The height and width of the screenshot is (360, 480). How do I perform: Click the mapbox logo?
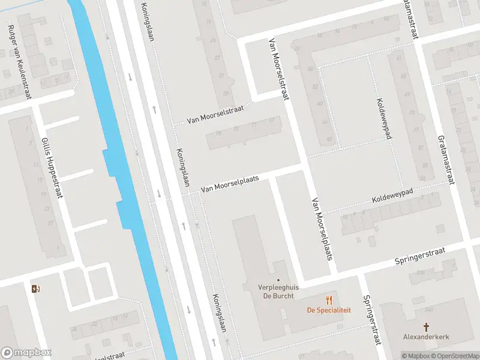(25, 353)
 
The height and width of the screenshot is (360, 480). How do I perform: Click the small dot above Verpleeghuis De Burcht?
(278, 280)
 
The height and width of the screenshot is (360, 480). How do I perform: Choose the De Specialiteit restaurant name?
(329, 310)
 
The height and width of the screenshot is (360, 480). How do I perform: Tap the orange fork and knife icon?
(329, 300)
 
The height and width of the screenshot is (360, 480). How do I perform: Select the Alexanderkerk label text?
(427, 337)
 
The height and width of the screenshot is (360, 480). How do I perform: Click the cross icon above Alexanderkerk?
(427, 327)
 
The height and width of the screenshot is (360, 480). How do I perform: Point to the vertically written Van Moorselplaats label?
(322, 229)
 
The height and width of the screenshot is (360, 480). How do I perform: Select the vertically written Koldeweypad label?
(384, 119)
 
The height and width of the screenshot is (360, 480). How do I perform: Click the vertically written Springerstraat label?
(371, 320)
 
